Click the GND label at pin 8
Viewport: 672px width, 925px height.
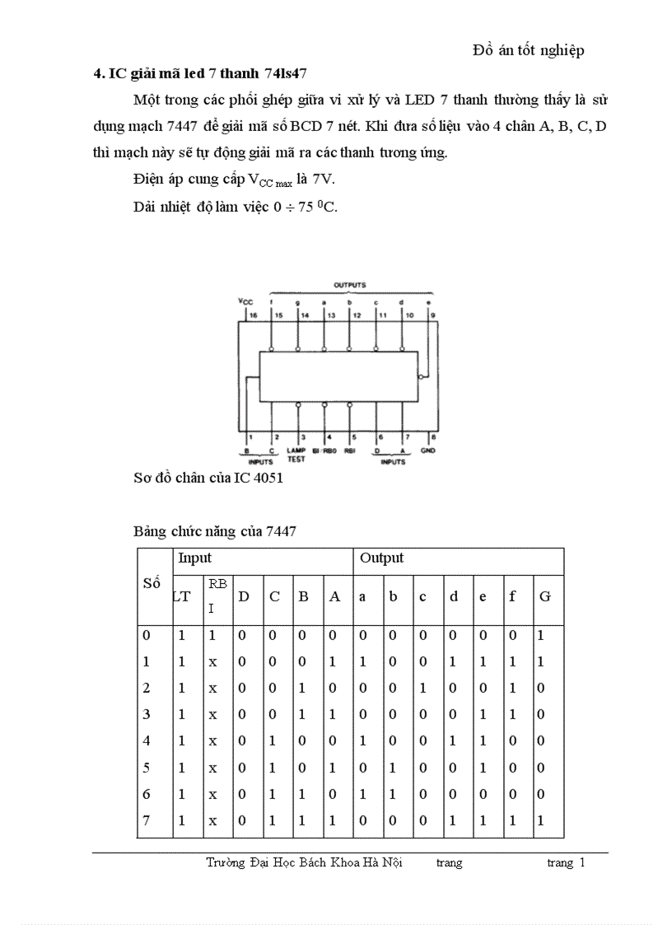pos(427,451)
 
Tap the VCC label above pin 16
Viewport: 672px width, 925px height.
pos(245,301)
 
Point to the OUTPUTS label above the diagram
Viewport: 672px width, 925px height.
pos(350,284)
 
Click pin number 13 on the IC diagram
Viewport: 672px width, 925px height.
pos(330,315)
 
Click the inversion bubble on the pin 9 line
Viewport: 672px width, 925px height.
pos(421,376)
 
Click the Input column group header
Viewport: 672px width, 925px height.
pos(195,558)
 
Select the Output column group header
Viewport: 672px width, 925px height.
pos(381,558)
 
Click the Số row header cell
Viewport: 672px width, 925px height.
pos(152,583)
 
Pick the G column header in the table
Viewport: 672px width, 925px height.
pos(544,596)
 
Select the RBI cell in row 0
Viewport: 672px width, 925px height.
pos(212,636)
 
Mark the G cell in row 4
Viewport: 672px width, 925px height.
pos(540,740)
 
